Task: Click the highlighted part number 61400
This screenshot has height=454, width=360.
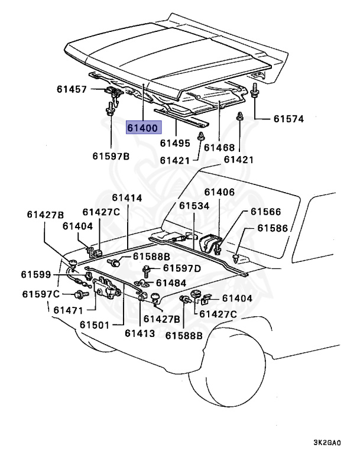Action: tap(142, 127)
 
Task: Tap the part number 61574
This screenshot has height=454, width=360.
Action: tap(288, 119)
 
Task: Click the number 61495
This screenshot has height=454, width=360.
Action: tap(175, 143)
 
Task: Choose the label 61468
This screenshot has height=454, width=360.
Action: tap(219, 148)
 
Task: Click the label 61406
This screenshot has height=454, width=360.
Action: tap(219, 192)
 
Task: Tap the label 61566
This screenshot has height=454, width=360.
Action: tap(265, 212)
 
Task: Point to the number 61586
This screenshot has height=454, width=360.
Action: tap(273, 228)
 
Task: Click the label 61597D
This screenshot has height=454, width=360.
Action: tap(181, 268)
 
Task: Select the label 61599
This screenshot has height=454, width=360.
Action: tap(37, 274)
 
